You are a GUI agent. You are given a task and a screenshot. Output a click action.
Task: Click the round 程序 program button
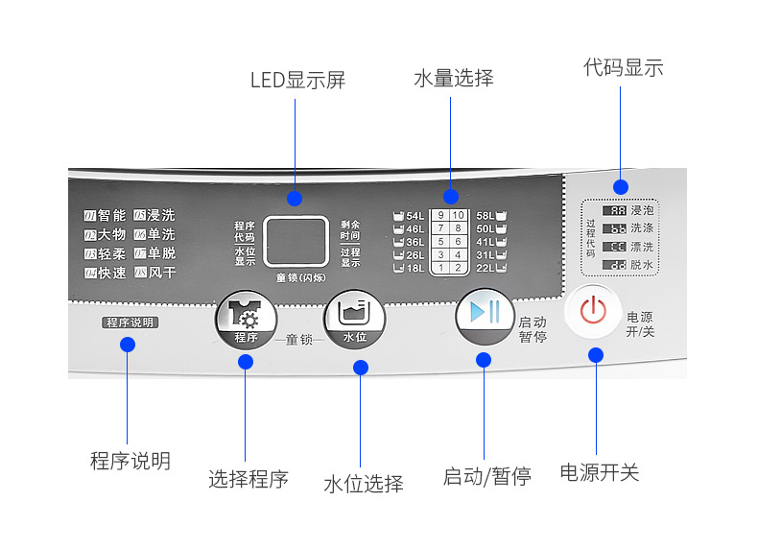[246, 321]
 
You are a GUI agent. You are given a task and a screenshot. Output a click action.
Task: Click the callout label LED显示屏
[297, 81]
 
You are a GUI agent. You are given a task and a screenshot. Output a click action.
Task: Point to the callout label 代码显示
[623, 68]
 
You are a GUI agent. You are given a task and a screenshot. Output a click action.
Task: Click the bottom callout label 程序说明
[130, 462]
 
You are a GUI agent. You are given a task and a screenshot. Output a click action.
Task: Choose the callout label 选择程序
[249, 479]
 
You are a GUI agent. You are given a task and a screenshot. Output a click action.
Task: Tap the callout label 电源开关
[600, 472]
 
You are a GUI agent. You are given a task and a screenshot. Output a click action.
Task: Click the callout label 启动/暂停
[486, 476]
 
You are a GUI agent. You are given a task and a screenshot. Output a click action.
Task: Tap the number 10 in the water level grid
[458, 215]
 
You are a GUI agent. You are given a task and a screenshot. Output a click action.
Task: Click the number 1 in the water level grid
[440, 268]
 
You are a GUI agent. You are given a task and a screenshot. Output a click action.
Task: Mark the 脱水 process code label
[642, 265]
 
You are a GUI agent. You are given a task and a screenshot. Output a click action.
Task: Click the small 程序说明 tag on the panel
[130, 322]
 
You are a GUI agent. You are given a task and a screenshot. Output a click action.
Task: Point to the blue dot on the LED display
[295, 199]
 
